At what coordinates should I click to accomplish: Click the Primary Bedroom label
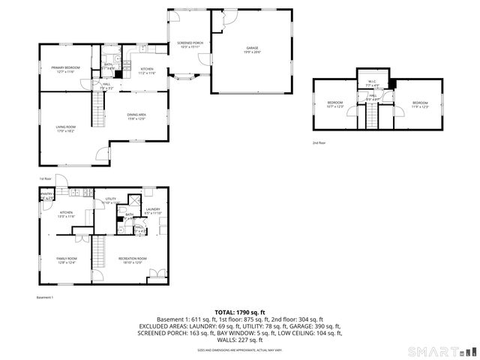[x=66, y=69]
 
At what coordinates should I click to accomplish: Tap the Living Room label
[x=66, y=129]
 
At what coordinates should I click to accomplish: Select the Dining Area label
[x=136, y=115]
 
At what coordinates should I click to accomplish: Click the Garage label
[x=253, y=49]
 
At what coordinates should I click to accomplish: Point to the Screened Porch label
[x=190, y=45]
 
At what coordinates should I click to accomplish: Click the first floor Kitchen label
[x=147, y=70]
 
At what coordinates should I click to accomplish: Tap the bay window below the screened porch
[x=185, y=76]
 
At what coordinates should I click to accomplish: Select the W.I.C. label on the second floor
[x=372, y=83]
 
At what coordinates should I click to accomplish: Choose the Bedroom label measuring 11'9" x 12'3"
[x=419, y=104]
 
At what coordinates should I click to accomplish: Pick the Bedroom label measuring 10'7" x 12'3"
[x=334, y=104]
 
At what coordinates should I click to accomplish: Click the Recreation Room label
[x=130, y=260]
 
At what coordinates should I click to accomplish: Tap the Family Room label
[x=66, y=260]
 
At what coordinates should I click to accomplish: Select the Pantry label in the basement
[x=46, y=196]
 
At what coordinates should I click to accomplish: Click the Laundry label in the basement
[x=153, y=211]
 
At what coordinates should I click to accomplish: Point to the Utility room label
[x=111, y=200]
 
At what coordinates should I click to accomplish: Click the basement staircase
[x=99, y=251]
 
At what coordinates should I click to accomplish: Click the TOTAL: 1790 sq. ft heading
[x=239, y=312]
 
